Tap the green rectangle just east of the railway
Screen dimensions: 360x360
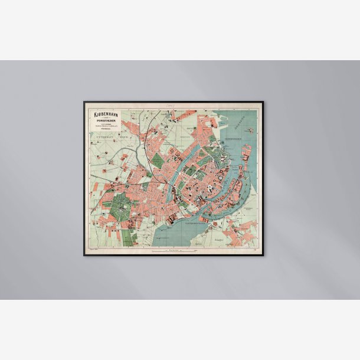click(158, 160)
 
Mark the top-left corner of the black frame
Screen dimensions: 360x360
click(84, 102)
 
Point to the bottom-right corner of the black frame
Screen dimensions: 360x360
click(264, 255)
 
